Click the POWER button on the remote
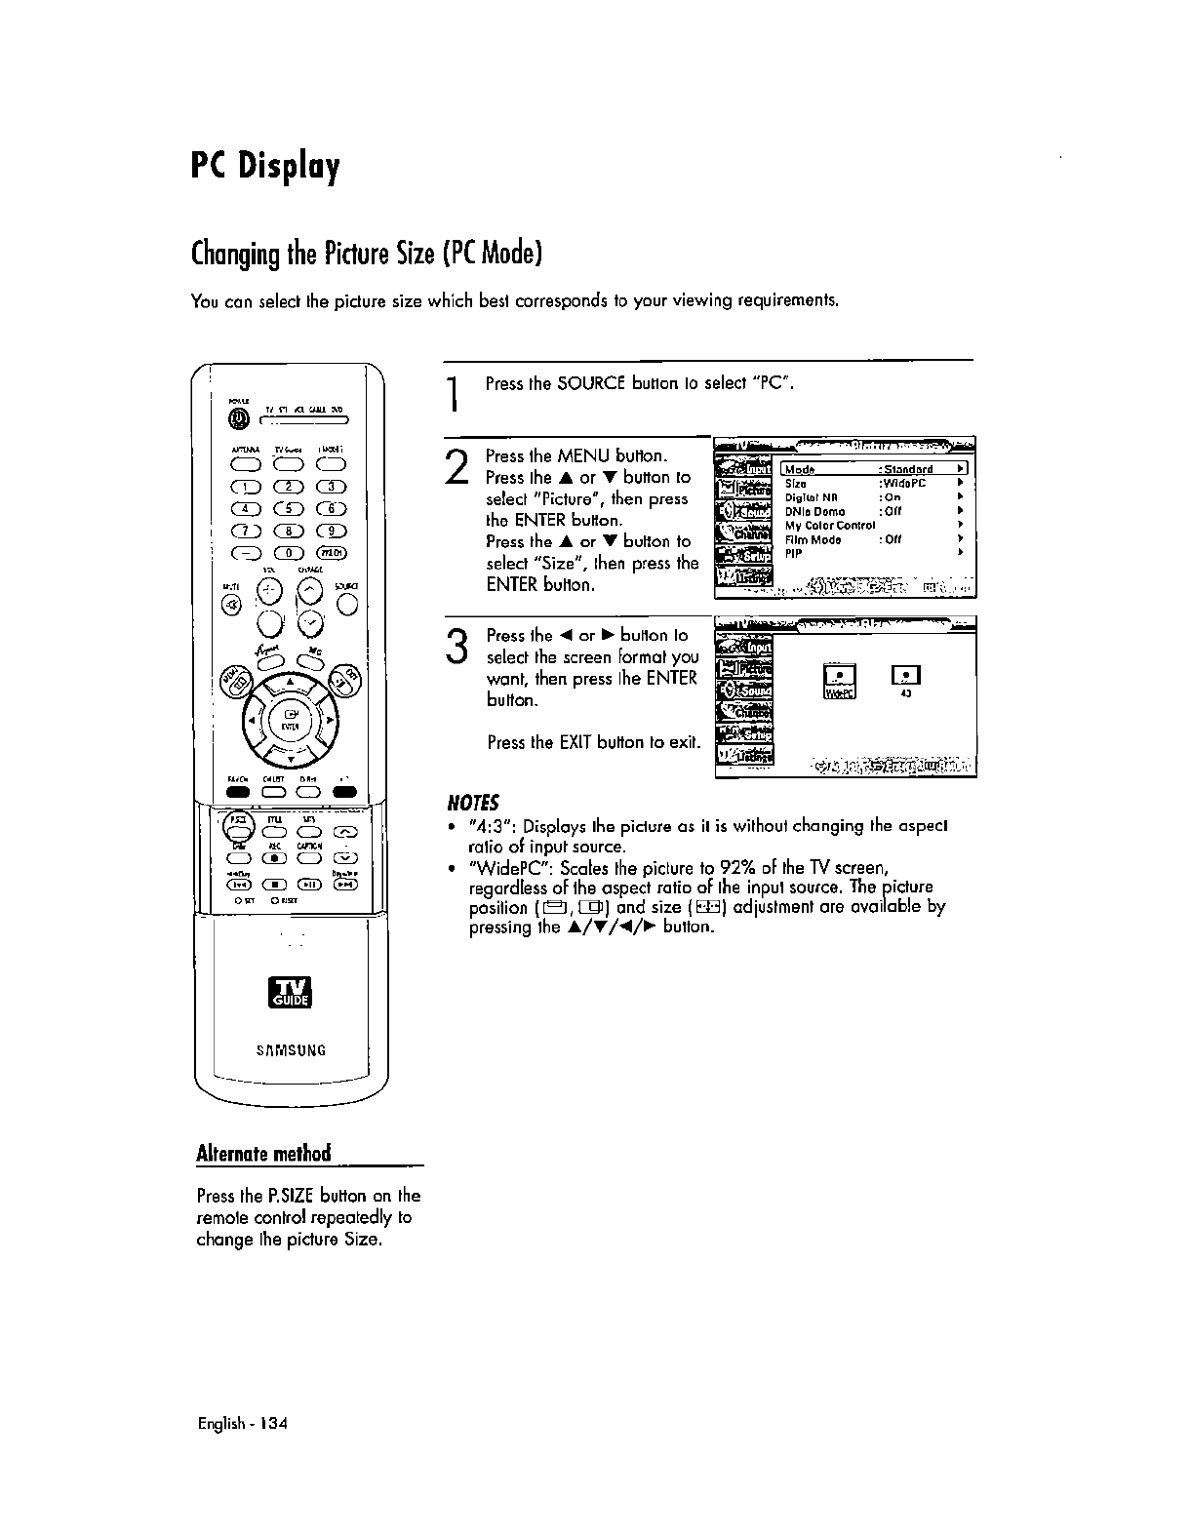(x=237, y=418)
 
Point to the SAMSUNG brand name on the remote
(x=290, y=1050)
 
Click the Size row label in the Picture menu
(x=796, y=484)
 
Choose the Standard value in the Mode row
(x=907, y=469)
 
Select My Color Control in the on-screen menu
(x=830, y=525)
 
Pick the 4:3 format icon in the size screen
(x=906, y=678)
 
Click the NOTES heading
(x=472, y=804)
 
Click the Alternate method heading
(x=263, y=1153)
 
